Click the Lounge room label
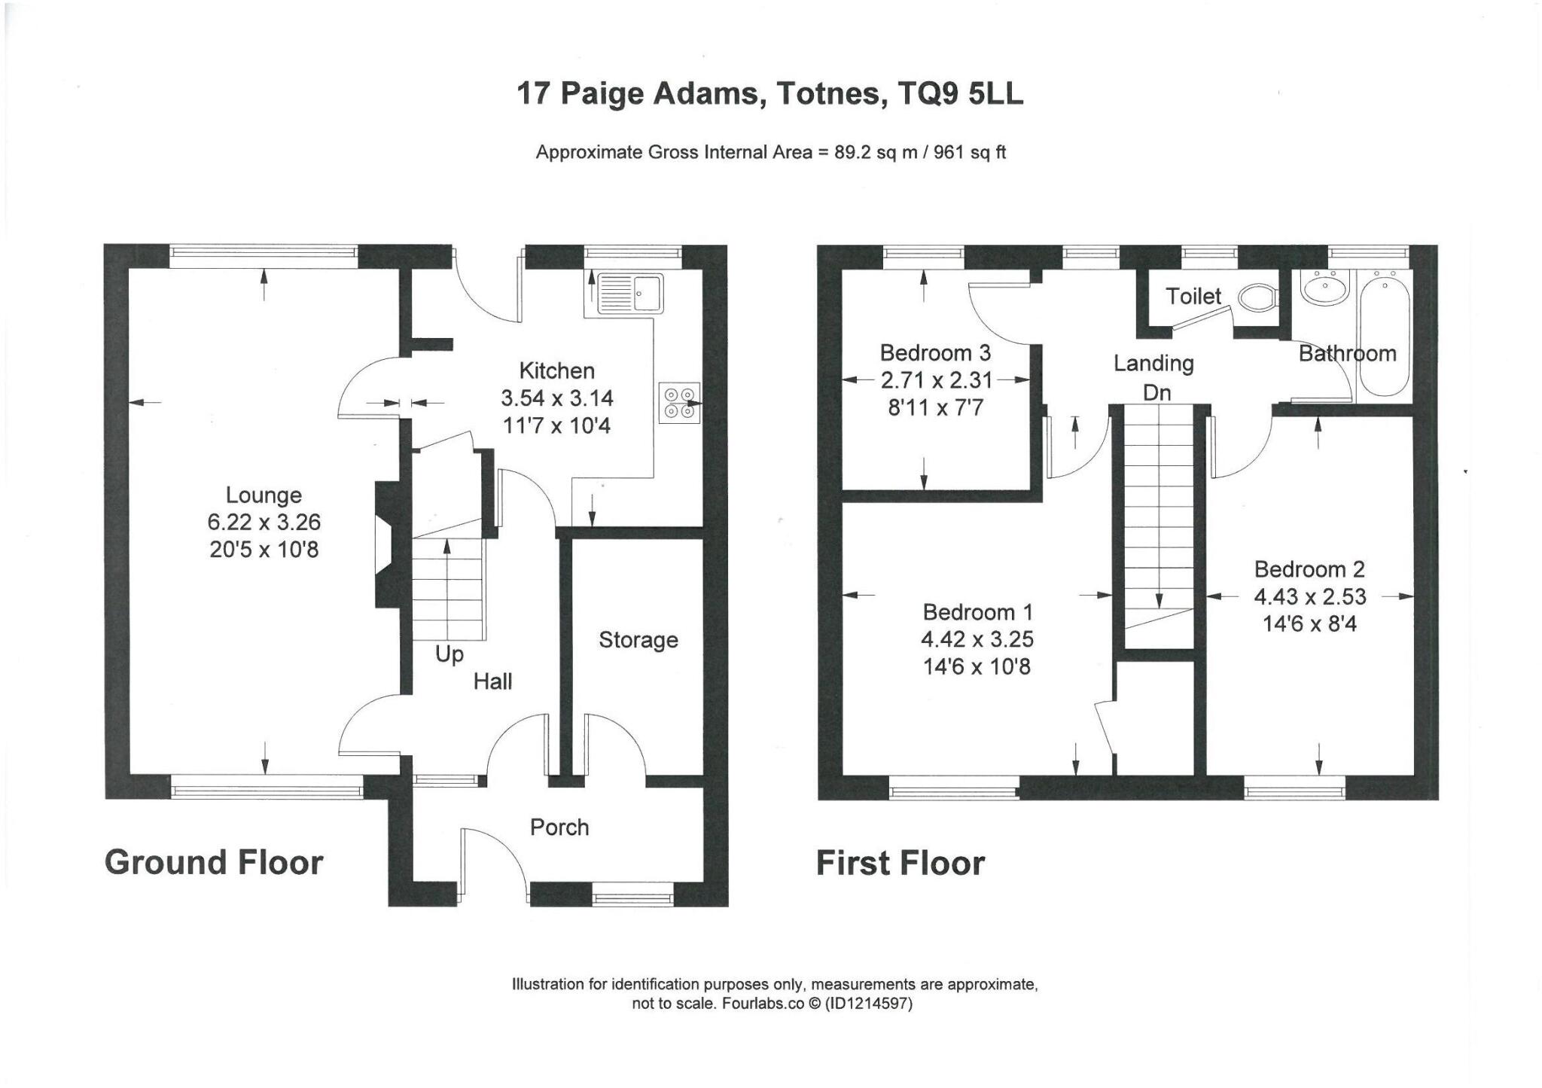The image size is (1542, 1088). point(264,495)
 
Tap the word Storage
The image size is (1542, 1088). point(638,640)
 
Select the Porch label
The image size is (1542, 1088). point(559,827)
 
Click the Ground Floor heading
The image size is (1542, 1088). point(214,863)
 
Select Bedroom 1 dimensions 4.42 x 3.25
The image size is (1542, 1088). point(977,639)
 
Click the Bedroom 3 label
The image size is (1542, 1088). point(935,352)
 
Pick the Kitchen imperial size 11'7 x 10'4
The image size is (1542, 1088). point(557,426)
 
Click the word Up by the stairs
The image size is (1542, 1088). point(449,655)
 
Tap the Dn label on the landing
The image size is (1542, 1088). point(1156,392)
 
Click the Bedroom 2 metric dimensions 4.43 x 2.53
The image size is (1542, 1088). point(1310,597)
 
